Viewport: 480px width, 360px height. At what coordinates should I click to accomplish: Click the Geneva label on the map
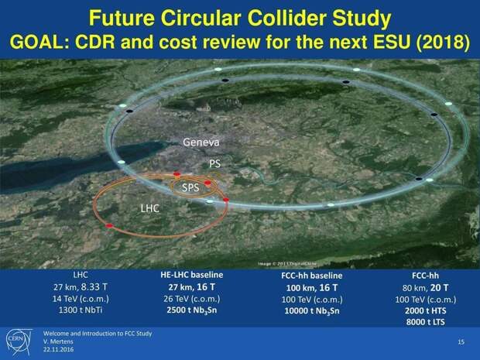201,142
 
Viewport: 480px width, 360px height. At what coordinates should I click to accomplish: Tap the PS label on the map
214,164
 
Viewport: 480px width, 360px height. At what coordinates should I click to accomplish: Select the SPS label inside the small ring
190,187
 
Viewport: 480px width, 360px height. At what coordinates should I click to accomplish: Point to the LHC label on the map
150,208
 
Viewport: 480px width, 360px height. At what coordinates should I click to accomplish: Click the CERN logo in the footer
19,342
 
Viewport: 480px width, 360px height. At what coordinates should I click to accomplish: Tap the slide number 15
461,341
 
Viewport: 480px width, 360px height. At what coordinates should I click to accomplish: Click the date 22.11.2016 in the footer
59,349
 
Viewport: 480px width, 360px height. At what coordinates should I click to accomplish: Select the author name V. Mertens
58,341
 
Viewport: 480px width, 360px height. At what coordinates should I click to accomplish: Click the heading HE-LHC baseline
192,275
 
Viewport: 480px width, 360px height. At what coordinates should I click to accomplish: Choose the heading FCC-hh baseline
312,276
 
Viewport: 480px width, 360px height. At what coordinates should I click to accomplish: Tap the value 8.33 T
94,286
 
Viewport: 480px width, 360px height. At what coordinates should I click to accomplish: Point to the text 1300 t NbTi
81,310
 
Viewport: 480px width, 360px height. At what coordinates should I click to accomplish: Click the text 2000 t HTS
426,310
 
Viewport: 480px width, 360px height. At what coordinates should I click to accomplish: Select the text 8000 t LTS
426,322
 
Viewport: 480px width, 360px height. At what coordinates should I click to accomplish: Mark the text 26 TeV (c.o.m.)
192,299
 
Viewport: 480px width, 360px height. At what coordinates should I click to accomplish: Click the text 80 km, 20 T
426,288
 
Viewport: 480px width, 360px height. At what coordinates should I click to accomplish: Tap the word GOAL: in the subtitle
40,42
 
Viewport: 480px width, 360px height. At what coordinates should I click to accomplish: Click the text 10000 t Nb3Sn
312,310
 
